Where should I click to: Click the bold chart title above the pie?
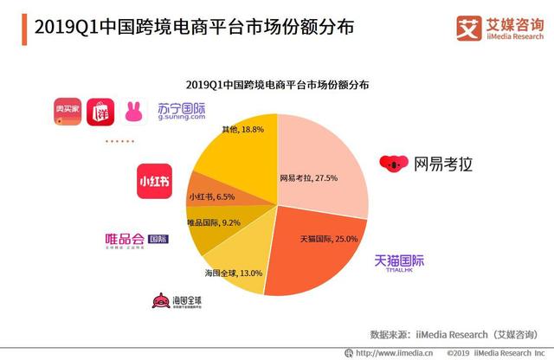(x=276, y=85)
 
